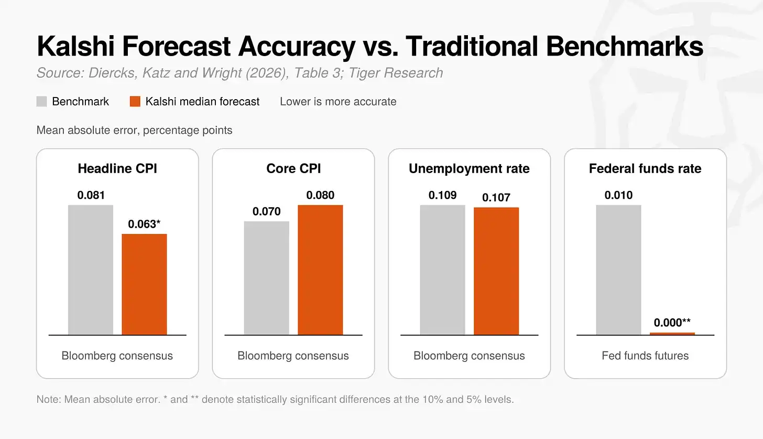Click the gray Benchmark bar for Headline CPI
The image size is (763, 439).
coord(91,270)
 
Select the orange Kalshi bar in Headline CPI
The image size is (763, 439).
coord(145,284)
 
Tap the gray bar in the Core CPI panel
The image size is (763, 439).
coord(267,278)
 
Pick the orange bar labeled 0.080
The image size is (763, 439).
coord(321,270)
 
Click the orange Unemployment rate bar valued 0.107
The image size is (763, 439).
coord(496,271)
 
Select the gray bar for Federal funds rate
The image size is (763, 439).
coord(618,270)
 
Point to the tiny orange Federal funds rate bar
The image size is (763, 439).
coord(672,334)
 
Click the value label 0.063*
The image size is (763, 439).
coord(144,224)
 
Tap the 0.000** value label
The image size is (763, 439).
coord(672,322)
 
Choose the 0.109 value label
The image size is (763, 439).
coord(442,195)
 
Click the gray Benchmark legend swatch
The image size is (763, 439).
coord(41,101)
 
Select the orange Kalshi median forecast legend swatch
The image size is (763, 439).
coord(135,101)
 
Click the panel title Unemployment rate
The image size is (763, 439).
coord(469,168)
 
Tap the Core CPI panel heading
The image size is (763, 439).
coord(293,168)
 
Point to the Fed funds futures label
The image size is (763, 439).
coord(645,356)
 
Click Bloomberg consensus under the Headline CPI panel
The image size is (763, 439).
coord(117,356)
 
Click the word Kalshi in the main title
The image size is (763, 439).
coord(75,46)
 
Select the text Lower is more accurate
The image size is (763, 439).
coord(338,101)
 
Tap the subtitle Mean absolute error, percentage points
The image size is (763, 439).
coord(134,130)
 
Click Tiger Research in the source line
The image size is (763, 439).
coord(396,73)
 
